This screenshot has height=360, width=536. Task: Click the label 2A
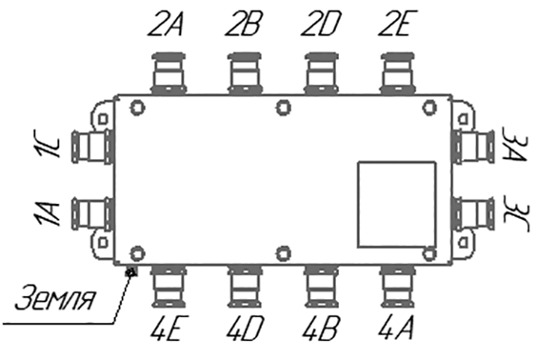(x=166, y=24)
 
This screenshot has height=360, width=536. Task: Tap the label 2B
(x=244, y=24)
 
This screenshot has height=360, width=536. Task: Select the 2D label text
(x=321, y=24)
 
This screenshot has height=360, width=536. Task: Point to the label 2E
(x=398, y=24)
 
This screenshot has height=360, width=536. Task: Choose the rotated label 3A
(x=513, y=144)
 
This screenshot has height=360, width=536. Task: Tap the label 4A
(x=397, y=328)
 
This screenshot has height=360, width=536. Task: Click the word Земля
(x=54, y=297)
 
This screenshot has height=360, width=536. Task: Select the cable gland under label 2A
(x=169, y=73)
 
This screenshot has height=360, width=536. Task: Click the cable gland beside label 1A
(x=92, y=214)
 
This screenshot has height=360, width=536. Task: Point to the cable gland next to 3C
(x=474, y=214)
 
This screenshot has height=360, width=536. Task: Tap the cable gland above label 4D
(x=245, y=287)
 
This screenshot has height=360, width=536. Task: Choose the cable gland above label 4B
(x=322, y=287)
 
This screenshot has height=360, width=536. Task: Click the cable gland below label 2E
(x=398, y=73)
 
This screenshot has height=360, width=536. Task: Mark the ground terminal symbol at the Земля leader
(x=131, y=272)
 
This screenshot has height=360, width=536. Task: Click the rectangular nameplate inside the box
(x=397, y=205)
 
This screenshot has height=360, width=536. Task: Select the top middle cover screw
(x=284, y=108)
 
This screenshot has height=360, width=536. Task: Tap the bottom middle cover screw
(x=284, y=253)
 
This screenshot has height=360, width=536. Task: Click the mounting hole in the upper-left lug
(x=103, y=119)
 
